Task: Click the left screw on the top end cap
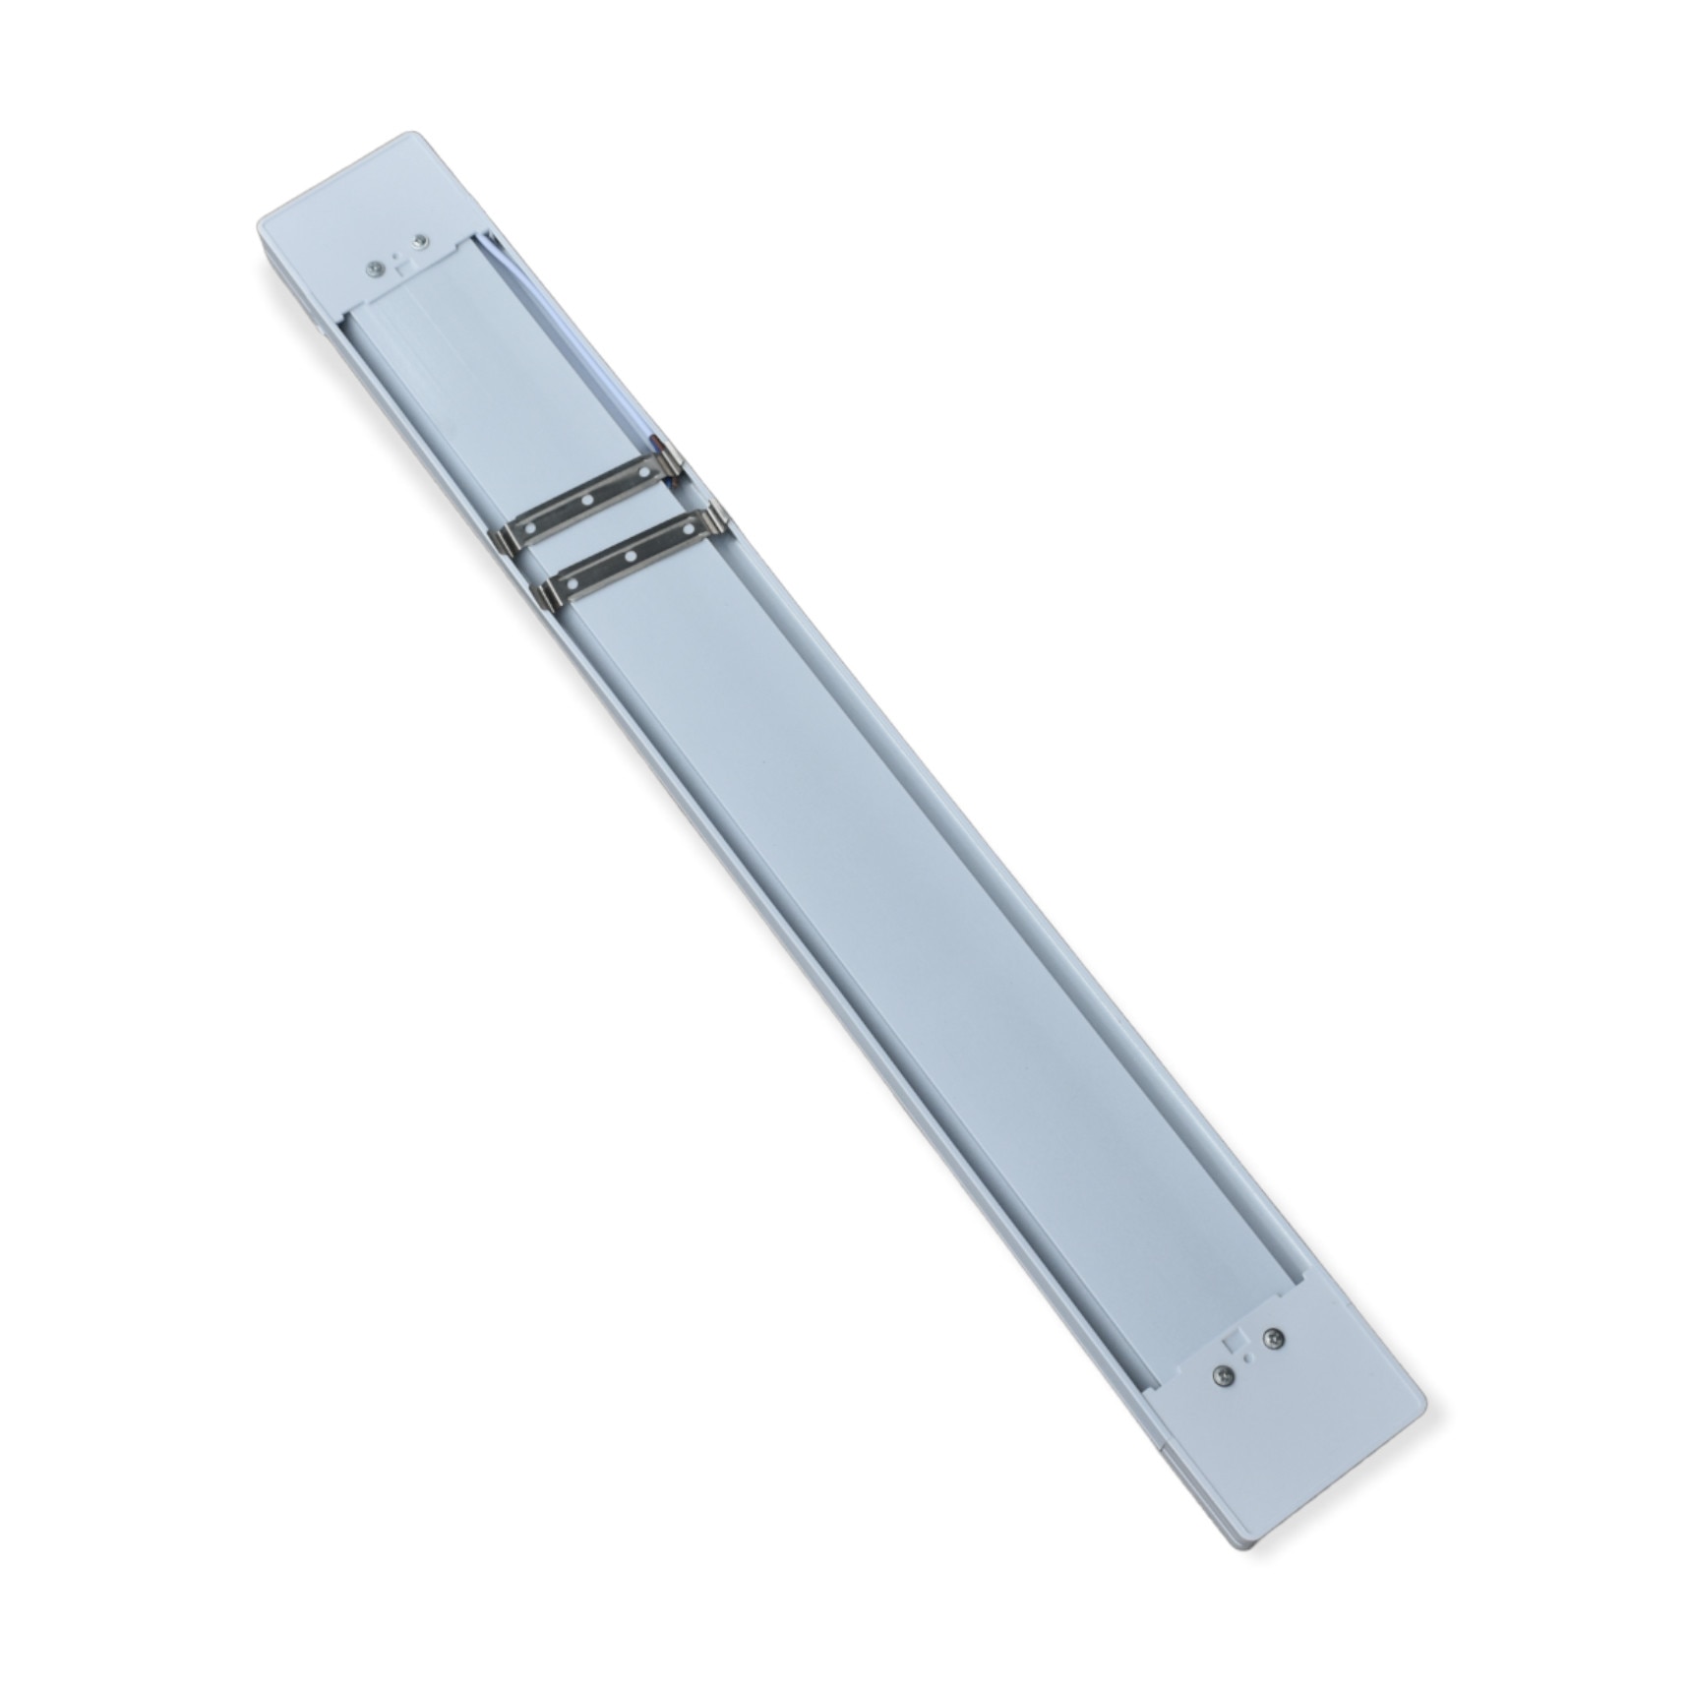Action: pyautogui.click(x=376, y=270)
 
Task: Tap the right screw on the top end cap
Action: pyautogui.click(x=421, y=242)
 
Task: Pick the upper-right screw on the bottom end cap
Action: pyautogui.click(x=1275, y=1338)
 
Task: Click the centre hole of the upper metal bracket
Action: pyautogui.click(x=587, y=501)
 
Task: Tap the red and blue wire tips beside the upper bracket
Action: pyautogui.click(x=676, y=472)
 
